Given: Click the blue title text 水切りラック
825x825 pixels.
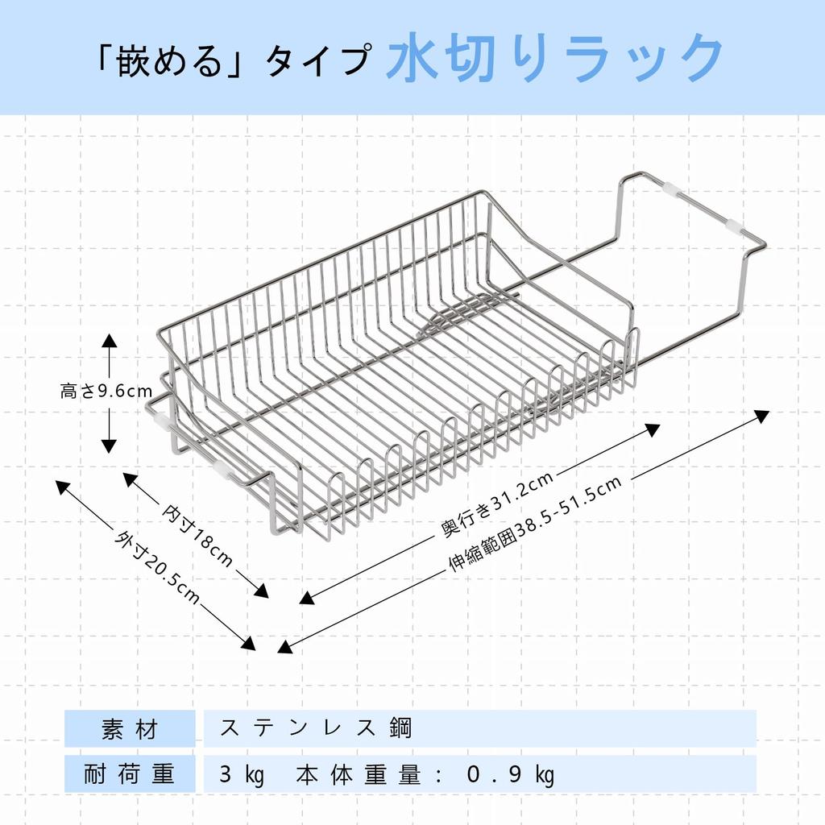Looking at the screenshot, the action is (555, 58).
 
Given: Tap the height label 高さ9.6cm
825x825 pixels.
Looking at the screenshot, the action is (106, 391).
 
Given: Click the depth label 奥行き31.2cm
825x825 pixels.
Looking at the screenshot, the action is (497, 504).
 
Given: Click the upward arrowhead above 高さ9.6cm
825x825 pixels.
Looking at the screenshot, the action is (109, 340).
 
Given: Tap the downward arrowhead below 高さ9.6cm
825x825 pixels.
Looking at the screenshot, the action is (109, 446).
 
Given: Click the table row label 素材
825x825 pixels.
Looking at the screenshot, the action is (130, 729).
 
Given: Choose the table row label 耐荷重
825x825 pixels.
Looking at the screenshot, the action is (130, 774).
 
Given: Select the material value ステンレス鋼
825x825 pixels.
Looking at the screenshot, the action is (316, 728).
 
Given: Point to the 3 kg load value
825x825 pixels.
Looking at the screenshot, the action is (242, 775).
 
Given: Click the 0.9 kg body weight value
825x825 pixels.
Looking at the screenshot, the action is (511, 775).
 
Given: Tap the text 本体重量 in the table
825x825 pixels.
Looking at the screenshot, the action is (359, 774).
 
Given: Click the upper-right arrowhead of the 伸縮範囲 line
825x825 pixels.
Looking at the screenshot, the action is (763, 416).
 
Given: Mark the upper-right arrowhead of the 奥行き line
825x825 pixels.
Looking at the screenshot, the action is (653, 429).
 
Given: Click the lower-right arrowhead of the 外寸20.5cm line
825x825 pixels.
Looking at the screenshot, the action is (249, 644).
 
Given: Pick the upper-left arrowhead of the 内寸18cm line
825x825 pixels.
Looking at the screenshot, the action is (130, 479).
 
